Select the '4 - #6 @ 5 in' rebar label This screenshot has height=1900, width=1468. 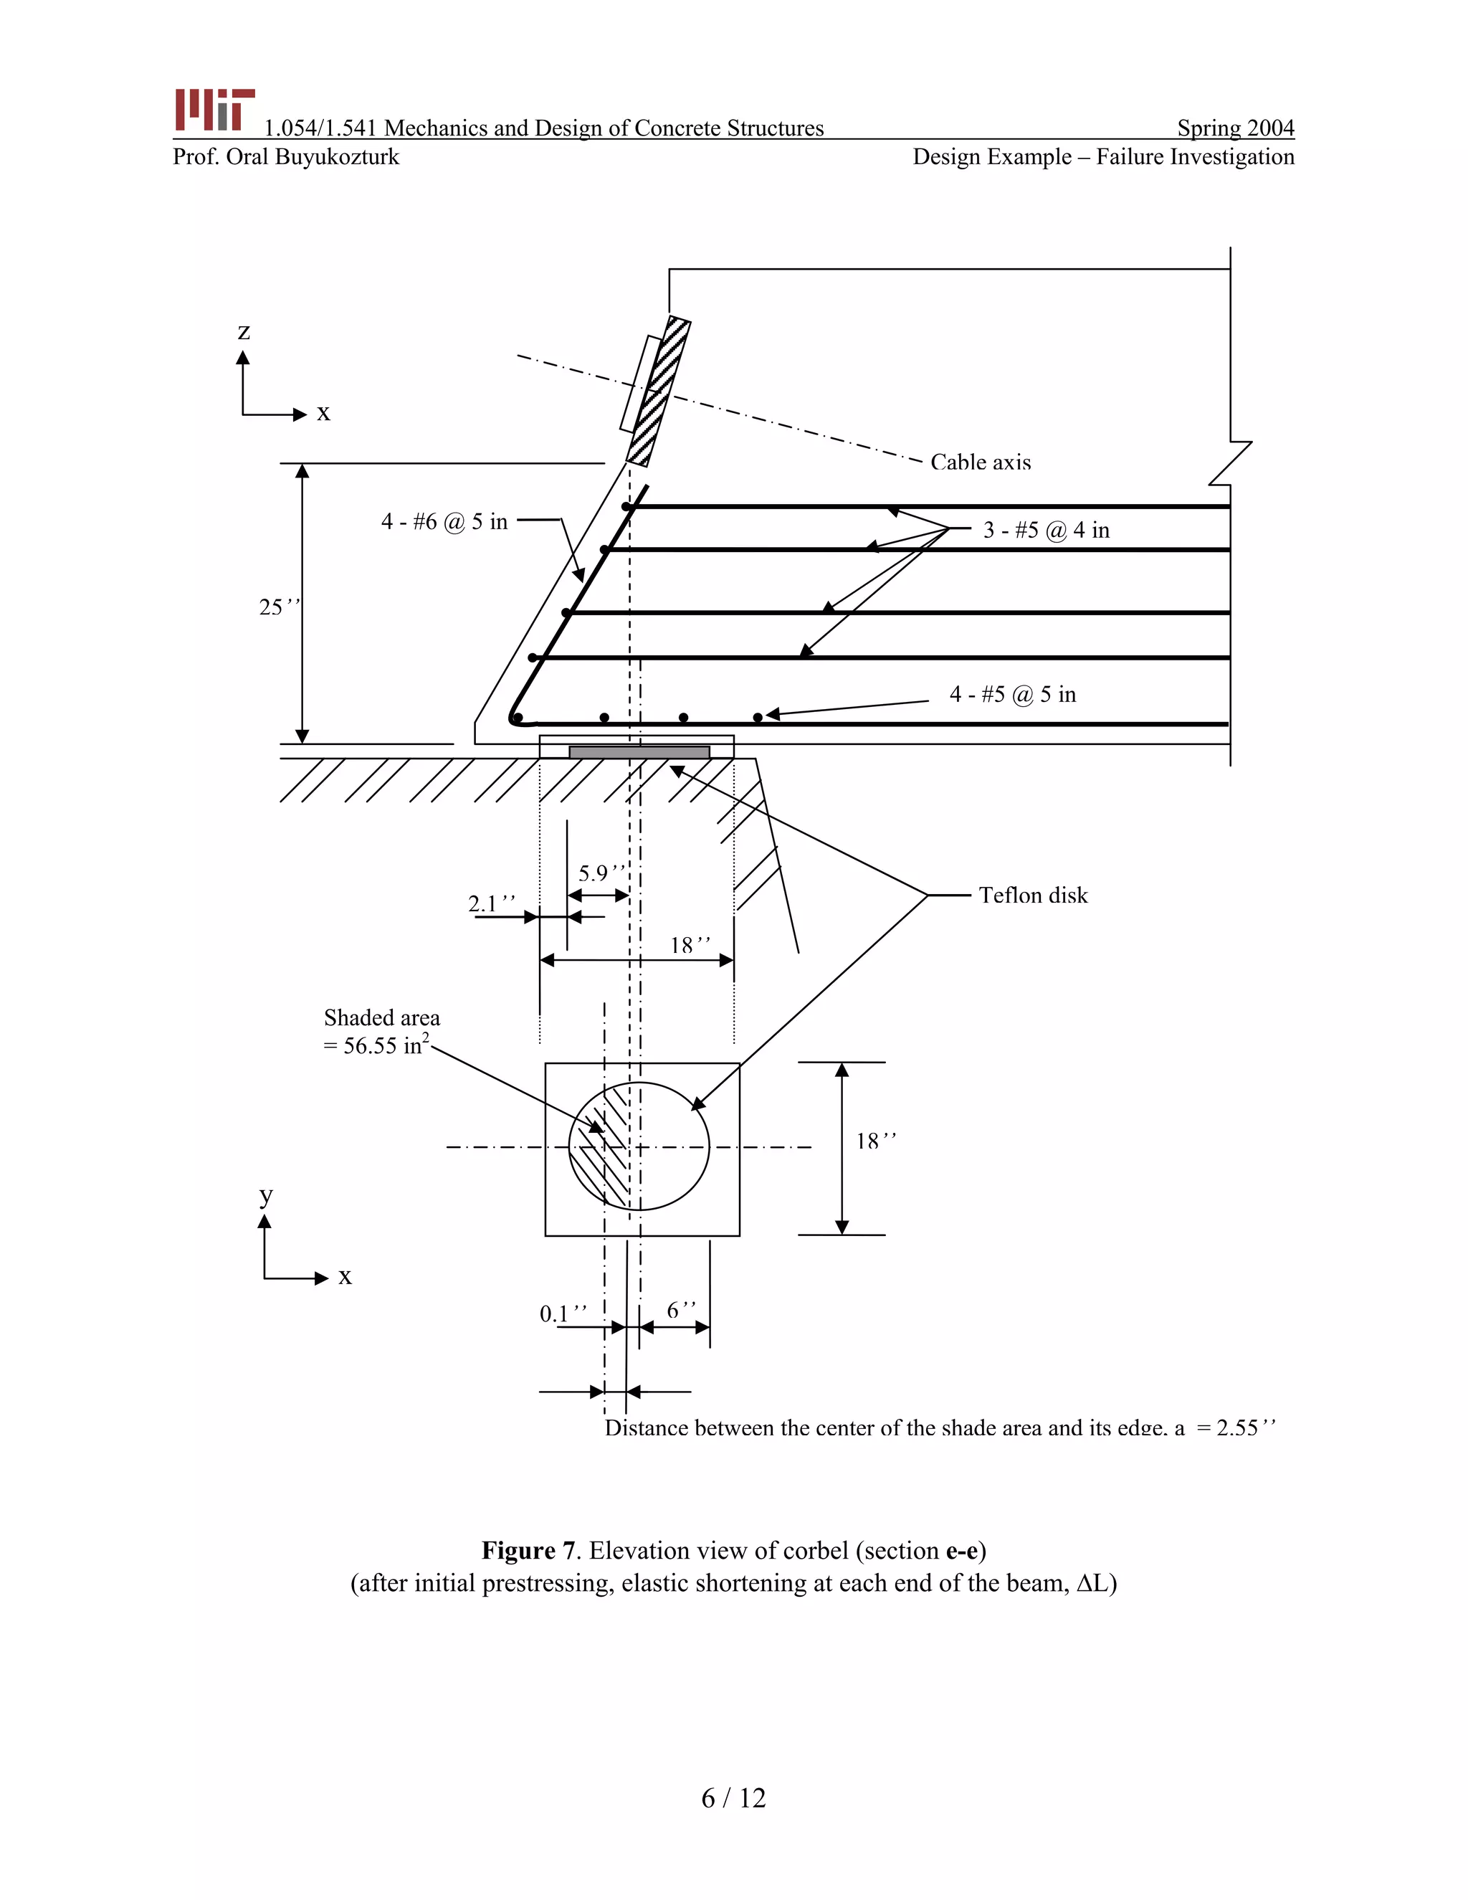point(444,522)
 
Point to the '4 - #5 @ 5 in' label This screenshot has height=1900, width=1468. point(1012,694)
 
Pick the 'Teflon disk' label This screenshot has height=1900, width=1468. point(1032,896)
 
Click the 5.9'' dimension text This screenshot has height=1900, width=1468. point(601,873)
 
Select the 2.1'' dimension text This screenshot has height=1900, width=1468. point(491,904)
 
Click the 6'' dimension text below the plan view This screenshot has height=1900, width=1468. point(681,1310)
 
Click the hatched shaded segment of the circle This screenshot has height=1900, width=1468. point(600,1146)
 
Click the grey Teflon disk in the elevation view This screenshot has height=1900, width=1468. point(639,751)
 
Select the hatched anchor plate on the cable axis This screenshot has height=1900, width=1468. point(658,391)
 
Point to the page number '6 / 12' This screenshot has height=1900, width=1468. point(733,1797)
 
